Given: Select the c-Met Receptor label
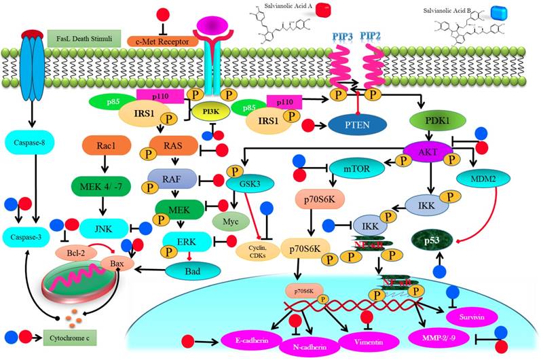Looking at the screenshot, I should pos(162,42).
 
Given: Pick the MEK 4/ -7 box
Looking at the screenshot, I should pos(101,184).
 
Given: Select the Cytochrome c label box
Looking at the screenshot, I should pos(71,336).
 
